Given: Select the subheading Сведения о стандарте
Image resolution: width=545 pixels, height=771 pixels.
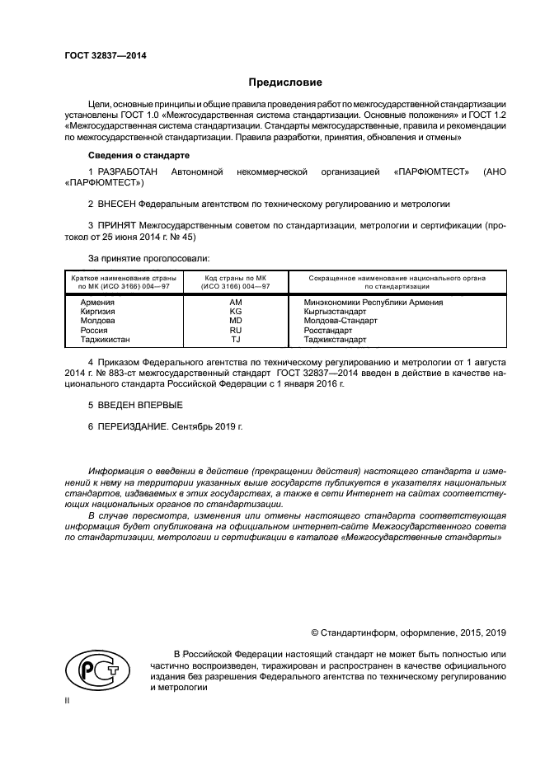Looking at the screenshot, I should (x=139, y=155).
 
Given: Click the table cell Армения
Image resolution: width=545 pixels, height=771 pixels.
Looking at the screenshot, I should (x=96, y=303).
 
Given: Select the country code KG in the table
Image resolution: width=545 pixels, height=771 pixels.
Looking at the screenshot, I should (x=235, y=312).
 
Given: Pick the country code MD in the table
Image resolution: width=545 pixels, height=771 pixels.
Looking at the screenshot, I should (x=235, y=321).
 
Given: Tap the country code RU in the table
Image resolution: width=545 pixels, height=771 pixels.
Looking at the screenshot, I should (x=235, y=330).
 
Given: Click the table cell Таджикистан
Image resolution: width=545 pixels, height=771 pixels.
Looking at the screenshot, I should (x=105, y=339).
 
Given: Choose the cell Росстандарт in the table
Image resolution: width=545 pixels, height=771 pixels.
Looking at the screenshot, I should (x=327, y=330).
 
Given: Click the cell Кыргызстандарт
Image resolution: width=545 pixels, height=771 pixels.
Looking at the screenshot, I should (x=335, y=312).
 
